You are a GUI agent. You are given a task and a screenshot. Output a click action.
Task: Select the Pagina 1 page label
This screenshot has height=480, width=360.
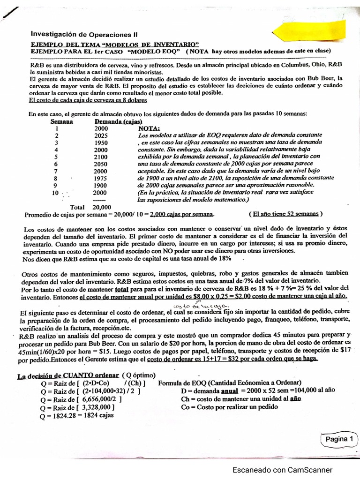339,439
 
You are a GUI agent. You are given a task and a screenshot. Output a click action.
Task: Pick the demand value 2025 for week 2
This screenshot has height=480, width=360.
101,135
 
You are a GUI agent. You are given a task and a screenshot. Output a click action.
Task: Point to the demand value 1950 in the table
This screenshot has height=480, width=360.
101,142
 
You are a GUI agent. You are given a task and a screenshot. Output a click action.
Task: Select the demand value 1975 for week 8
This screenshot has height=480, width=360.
101,178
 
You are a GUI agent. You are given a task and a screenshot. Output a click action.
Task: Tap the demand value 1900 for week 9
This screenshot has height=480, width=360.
101,185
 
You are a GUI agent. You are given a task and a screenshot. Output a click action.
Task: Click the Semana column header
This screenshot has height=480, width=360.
61,121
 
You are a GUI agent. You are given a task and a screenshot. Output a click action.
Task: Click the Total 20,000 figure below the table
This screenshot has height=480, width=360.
90,207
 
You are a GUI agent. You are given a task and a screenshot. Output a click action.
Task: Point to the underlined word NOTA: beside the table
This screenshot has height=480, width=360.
149,128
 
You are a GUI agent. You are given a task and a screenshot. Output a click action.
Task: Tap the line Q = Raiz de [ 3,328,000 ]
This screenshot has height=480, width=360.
78,407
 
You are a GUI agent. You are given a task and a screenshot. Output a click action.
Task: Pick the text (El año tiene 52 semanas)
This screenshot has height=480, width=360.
285,214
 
